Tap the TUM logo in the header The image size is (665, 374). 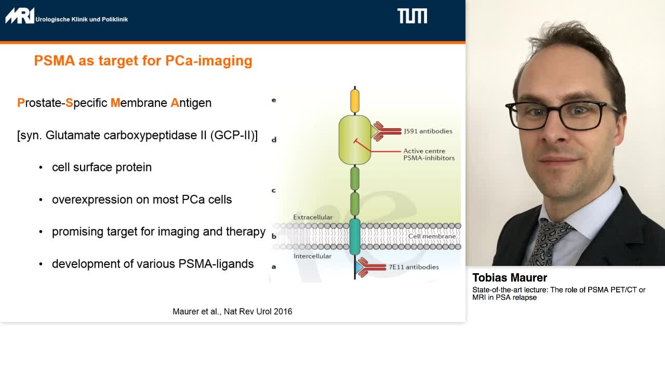click(x=412, y=16)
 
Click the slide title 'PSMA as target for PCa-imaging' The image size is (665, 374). click(x=143, y=61)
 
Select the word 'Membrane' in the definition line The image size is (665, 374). click(x=139, y=103)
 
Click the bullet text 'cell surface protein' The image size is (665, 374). click(x=102, y=167)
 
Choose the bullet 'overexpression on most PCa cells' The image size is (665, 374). click(x=142, y=199)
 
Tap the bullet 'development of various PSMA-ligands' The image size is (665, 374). click(x=153, y=264)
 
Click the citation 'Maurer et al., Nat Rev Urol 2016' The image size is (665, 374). click(x=232, y=312)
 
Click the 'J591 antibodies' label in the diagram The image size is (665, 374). click(x=428, y=131)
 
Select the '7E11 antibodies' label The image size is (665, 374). click(x=414, y=267)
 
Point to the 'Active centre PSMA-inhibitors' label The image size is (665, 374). click(x=429, y=155)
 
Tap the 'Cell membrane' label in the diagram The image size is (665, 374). click(x=432, y=236)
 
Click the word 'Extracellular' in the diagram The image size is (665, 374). click(x=313, y=217)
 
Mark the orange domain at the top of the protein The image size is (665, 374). click(x=355, y=101)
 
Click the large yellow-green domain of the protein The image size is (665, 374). click(x=355, y=140)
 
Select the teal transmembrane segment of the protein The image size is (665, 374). click(x=355, y=236)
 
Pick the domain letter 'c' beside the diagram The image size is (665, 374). click(x=274, y=191)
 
